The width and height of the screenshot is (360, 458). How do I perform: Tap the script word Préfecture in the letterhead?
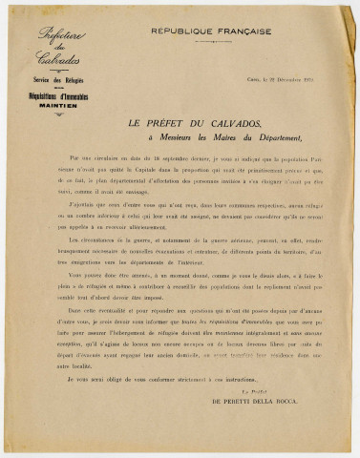[x=61, y=37]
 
